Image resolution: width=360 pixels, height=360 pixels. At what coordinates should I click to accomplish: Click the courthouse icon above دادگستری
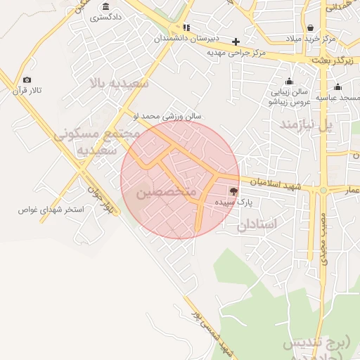[x=106, y=6]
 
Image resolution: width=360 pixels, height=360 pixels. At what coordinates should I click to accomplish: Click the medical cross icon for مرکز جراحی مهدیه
[x=236, y=41]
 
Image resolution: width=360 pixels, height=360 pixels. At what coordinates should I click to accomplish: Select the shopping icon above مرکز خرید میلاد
[x=310, y=27]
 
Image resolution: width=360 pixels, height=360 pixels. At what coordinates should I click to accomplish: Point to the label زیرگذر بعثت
[x=335, y=61]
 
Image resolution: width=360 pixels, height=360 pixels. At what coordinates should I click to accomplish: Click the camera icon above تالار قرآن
[x=27, y=80]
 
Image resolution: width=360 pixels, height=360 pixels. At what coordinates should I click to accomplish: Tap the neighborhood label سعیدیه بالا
[x=120, y=83]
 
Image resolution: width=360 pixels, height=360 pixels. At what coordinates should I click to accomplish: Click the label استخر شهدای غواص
[x=51, y=210]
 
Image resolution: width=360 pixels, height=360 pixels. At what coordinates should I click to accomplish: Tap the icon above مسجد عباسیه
[x=338, y=87]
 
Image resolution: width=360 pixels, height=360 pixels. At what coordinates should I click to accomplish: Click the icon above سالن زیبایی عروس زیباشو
[x=289, y=81]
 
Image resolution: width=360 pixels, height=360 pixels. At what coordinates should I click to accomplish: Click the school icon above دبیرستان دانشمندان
[x=186, y=27]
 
